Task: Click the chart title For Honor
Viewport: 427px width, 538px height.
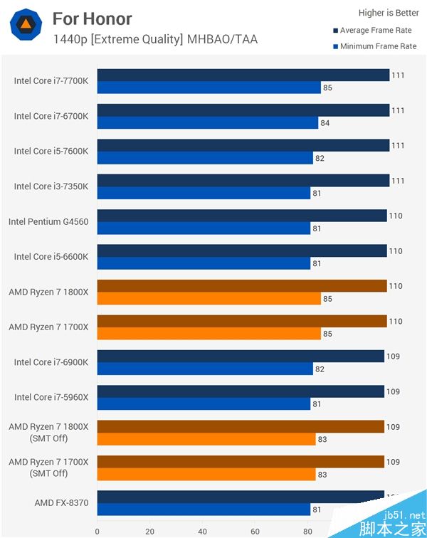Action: pos(92,19)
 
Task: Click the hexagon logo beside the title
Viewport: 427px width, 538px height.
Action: pos(25,25)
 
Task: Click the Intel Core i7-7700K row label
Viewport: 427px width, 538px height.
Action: pos(51,81)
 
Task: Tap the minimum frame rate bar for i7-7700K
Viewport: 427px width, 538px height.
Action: pos(209,88)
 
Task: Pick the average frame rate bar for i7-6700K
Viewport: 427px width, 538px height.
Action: pos(243,110)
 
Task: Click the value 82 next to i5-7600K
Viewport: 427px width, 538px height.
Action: pos(320,159)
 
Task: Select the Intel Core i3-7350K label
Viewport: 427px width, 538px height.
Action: pos(51,186)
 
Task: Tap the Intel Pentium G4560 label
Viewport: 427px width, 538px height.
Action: pos(48,221)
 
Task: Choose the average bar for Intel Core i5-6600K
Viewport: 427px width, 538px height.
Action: pos(241,250)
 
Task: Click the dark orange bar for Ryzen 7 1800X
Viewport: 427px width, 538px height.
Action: pos(241,286)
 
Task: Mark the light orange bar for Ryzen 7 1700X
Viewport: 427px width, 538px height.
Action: pos(209,334)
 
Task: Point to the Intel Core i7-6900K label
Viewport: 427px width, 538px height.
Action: pos(51,362)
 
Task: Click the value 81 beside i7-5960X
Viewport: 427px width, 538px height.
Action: pos(317,405)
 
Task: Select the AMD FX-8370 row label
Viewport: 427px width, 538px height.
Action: pos(61,503)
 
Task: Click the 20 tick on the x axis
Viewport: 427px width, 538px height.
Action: pos(150,530)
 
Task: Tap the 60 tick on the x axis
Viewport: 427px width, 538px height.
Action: pos(255,530)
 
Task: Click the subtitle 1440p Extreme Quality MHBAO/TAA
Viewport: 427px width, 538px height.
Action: pos(155,39)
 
